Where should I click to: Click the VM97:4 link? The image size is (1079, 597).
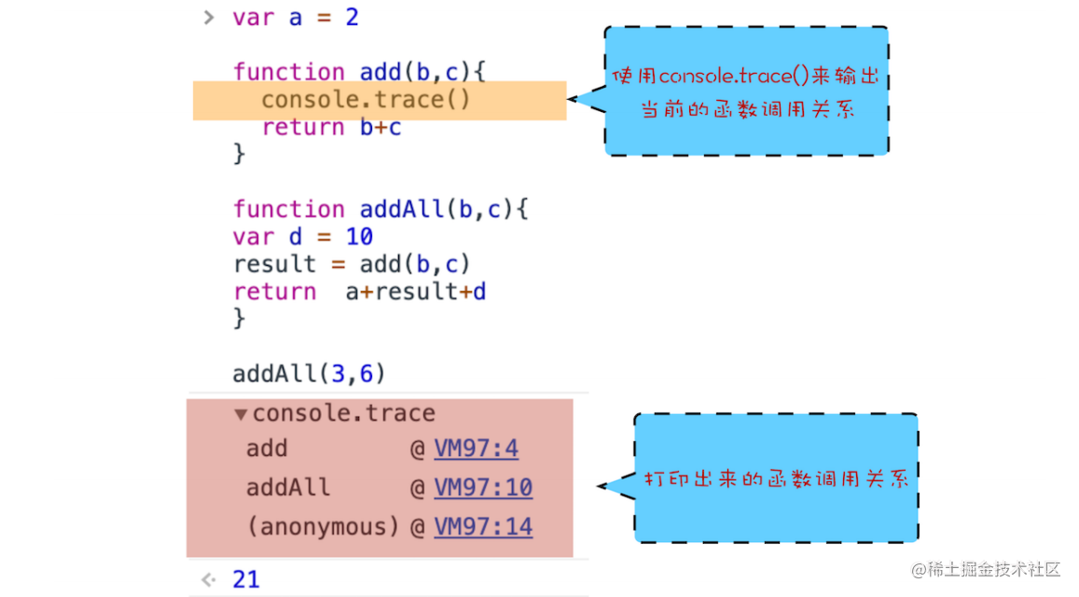click(476, 449)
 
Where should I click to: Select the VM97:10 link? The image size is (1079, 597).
click(483, 488)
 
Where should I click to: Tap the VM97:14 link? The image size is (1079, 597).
click(483, 527)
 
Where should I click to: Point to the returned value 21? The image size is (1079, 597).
click(246, 579)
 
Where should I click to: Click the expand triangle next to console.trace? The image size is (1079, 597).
click(241, 414)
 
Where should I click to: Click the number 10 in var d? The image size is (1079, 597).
click(359, 237)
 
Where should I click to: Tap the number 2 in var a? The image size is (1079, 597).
click(352, 18)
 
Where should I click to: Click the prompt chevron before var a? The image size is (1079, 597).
click(209, 18)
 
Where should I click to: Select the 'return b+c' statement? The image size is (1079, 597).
click(331, 128)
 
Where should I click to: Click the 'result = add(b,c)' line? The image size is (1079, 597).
click(352, 264)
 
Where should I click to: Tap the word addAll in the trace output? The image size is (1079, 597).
click(288, 488)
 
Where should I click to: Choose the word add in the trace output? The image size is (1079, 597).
click(267, 449)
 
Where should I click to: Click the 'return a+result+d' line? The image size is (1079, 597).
click(360, 292)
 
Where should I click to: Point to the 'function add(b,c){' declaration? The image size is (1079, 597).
click(359, 72)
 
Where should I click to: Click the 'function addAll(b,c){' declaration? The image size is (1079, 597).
click(380, 209)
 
